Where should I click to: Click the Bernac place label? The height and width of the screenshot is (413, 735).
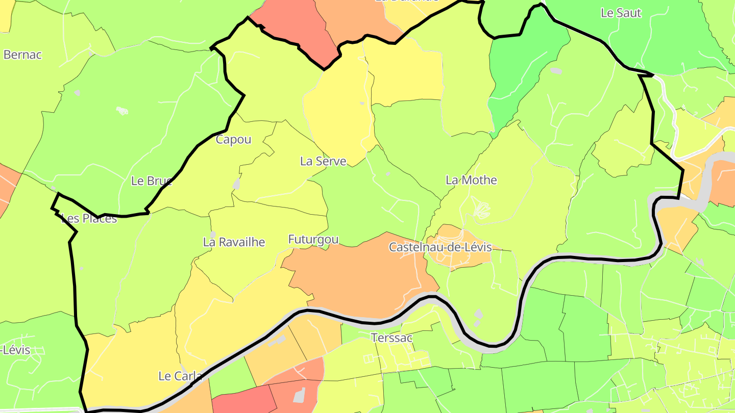point(22,55)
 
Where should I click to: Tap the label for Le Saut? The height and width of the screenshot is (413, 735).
point(621,13)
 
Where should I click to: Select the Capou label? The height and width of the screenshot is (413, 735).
point(233,139)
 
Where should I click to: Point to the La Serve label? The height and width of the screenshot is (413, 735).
point(323,161)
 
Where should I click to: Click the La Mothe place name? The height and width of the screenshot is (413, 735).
point(471,180)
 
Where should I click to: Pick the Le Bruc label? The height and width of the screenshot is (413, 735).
point(152,180)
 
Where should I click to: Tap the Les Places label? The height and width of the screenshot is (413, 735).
point(89,219)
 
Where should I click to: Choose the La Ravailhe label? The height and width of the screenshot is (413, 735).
point(234,242)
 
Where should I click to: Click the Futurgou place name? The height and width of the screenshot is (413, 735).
point(313,239)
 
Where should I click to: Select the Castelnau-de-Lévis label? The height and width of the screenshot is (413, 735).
point(440,247)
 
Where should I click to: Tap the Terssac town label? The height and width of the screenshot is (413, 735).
point(391,338)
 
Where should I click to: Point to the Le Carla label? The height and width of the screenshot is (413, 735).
point(180,376)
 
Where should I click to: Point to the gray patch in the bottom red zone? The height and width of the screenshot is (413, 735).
point(299,394)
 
